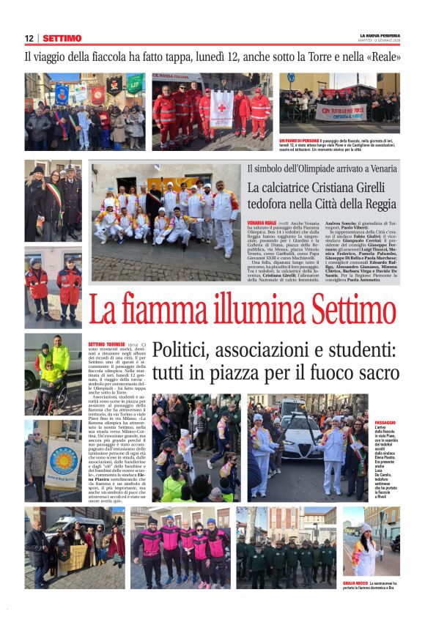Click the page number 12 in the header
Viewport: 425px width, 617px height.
(x=29, y=38)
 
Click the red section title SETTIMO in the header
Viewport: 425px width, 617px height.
(x=62, y=38)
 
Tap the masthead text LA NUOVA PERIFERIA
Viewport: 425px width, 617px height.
(x=380, y=34)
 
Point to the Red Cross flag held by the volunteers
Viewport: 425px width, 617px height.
(x=222, y=108)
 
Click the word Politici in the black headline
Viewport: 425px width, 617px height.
(x=183, y=350)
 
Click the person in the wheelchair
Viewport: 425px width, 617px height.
(x=51, y=380)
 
